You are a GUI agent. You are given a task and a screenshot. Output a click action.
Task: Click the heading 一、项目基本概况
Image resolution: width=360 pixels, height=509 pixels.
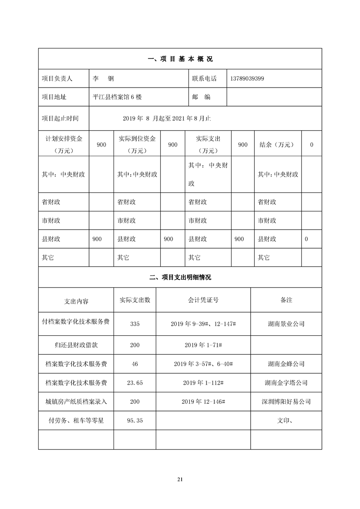click(x=180, y=59)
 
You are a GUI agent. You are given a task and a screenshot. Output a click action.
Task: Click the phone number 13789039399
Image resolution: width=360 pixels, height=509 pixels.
click(x=247, y=78)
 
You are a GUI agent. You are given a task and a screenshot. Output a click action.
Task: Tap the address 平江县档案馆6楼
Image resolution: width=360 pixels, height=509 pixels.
click(x=118, y=97)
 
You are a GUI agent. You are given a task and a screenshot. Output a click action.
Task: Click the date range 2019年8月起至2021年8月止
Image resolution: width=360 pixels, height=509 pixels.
click(x=167, y=118)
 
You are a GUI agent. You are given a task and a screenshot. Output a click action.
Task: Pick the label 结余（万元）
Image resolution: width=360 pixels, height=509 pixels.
click(x=276, y=145)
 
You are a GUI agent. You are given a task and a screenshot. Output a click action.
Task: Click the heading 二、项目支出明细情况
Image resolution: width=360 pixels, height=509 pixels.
click(x=180, y=277)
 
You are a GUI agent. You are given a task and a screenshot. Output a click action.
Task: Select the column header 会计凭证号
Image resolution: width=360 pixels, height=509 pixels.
click(x=203, y=300)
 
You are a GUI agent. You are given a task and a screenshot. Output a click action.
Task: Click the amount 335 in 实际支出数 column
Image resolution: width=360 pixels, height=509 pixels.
click(x=134, y=324)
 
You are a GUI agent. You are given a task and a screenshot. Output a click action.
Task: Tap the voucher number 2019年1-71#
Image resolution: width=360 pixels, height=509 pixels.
click(x=203, y=345)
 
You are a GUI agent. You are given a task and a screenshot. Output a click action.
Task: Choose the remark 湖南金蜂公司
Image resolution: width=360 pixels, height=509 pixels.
click(x=286, y=364)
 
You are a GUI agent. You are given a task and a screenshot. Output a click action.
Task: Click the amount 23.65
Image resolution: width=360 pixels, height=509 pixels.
click(x=134, y=383)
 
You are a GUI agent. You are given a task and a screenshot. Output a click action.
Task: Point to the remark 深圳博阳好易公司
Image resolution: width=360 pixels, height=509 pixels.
click(x=286, y=401)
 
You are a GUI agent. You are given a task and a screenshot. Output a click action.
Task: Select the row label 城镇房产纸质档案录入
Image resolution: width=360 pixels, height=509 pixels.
click(x=76, y=401)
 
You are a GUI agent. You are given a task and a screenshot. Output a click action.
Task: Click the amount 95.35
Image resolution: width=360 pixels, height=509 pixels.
click(x=134, y=421)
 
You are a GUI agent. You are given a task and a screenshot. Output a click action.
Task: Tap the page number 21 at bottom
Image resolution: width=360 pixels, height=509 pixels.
click(x=180, y=479)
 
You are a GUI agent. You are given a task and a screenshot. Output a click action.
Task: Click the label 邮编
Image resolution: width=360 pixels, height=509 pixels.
click(x=201, y=97)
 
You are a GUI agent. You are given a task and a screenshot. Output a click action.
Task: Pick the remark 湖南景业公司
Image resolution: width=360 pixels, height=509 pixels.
click(x=286, y=324)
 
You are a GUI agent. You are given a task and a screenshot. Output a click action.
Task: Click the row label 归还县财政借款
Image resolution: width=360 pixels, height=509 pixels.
click(x=76, y=345)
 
